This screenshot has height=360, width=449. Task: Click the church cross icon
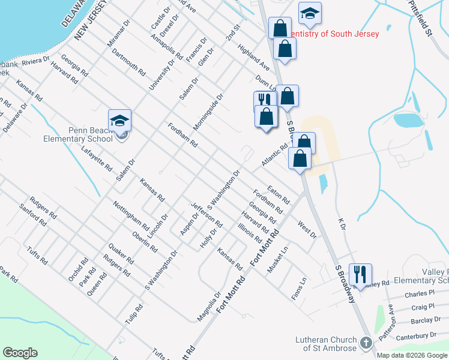(366, 344)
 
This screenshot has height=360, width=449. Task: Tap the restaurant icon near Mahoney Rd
(360, 274)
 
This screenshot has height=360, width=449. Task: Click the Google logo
(20, 353)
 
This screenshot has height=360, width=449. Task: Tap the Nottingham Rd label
(131, 214)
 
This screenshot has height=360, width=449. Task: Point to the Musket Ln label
(278, 259)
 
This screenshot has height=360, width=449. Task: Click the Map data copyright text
(411, 355)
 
